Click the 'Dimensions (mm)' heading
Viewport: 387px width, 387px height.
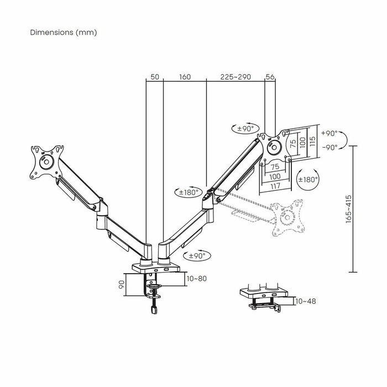(x=64, y=32)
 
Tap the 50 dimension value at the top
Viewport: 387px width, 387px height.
(x=154, y=77)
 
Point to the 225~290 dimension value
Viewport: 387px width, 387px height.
(x=236, y=77)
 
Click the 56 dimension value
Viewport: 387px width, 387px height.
(x=270, y=77)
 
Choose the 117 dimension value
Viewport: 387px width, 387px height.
(x=275, y=186)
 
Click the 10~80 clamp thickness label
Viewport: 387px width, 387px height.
(x=196, y=278)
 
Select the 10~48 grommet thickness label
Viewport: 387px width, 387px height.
(x=305, y=301)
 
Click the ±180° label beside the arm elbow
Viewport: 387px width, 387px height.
(x=189, y=192)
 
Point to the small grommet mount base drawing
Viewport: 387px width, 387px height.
(x=264, y=297)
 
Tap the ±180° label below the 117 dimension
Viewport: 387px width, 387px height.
(x=307, y=179)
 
